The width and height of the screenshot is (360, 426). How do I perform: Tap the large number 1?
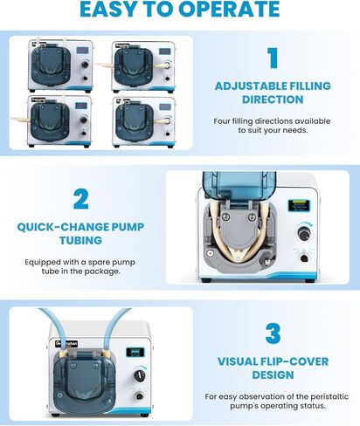(271, 58)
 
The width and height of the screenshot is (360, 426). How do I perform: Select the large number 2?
(80, 198)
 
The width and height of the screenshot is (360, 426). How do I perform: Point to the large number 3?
(271, 333)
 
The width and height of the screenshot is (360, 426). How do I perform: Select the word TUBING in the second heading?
(80, 241)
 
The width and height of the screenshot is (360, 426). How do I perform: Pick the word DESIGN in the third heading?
(271, 376)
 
